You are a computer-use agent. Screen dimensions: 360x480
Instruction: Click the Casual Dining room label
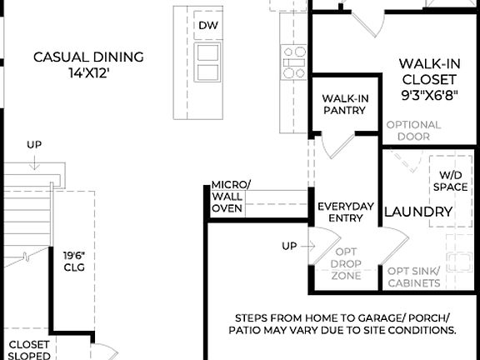tap(88, 57)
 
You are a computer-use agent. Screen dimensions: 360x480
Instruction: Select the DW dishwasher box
tap(207, 25)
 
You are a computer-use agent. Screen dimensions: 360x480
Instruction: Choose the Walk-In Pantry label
tap(345, 104)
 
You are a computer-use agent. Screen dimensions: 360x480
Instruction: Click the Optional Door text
tap(413, 130)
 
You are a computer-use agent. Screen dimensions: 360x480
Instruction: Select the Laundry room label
tap(418, 212)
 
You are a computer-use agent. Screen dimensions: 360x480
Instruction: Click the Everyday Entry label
tap(346, 212)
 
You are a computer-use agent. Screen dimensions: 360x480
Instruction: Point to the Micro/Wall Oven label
tap(229, 196)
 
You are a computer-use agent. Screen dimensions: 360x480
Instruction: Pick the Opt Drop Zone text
tap(346, 263)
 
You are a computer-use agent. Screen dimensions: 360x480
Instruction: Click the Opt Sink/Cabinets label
tap(414, 277)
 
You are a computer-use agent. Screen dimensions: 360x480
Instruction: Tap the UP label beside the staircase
tap(33, 145)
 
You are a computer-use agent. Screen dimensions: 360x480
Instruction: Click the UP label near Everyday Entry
tap(290, 246)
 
